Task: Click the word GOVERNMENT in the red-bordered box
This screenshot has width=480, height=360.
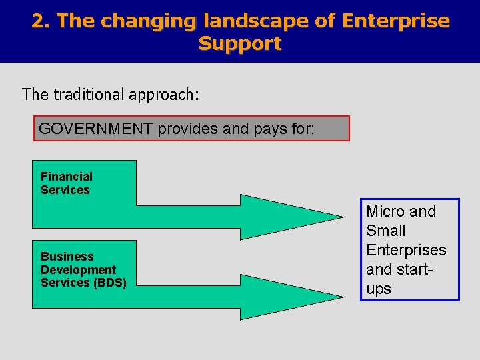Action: [96, 129]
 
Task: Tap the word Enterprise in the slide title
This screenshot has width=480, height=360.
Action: [395, 21]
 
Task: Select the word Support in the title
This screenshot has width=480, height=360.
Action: [240, 44]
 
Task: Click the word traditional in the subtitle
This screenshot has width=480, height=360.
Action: [88, 94]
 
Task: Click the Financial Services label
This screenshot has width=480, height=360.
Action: [66, 183]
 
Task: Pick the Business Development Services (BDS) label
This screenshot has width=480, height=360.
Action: [83, 269]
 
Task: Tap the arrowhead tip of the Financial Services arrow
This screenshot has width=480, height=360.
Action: [341, 217]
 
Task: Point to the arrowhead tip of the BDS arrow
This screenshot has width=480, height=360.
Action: [341, 297]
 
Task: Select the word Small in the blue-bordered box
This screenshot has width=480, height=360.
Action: [385, 231]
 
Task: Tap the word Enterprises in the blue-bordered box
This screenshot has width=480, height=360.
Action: [406, 250]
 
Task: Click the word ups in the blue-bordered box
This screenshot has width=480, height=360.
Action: [379, 289]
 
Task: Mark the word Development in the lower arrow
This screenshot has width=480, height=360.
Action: [78, 269]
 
